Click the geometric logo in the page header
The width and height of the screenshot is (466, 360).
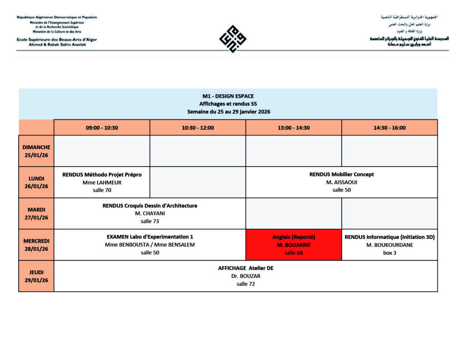point(233,38)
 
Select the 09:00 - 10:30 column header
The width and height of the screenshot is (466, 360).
point(102,128)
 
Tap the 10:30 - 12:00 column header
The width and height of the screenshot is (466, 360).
point(198,128)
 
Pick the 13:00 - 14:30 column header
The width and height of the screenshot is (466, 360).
point(294,128)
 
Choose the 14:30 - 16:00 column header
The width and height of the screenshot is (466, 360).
point(390,128)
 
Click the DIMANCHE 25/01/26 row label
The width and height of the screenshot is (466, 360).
point(36,151)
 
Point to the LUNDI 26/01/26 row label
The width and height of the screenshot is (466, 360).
point(36,182)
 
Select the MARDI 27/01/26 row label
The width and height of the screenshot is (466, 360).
point(36,213)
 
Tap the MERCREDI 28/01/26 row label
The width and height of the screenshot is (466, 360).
point(36,244)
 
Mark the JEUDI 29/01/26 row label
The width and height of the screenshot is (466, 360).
point(36,276)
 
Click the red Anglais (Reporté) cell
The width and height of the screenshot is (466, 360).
point(294,245)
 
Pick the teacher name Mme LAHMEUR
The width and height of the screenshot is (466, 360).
point(102,183)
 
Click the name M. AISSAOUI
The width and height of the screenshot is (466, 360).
point(342,183)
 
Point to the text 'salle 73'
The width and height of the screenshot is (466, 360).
point(150,221)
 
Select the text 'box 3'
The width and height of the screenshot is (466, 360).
point(390,253)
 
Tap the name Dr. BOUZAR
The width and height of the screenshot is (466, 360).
point(246,276)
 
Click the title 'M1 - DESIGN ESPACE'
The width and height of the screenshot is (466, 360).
point(228,96)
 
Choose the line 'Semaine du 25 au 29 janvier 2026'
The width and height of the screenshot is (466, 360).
point(228,112)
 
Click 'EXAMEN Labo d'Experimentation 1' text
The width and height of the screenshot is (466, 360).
point(150,237)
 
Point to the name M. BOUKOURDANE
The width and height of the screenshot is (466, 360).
point(390,245)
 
